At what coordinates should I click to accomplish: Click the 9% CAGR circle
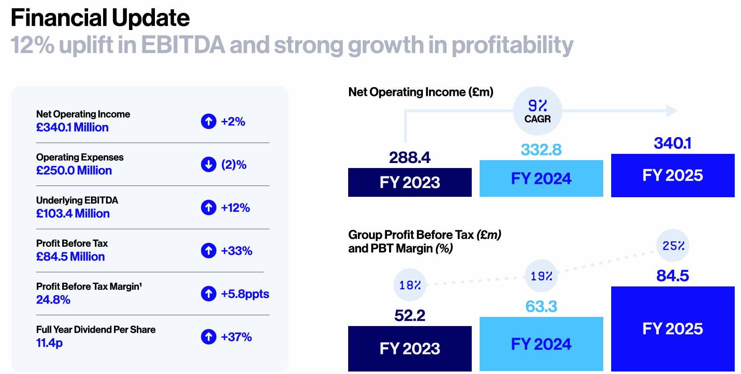(x=537, y=111)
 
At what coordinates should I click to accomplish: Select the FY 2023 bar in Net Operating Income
(x=410, y=182)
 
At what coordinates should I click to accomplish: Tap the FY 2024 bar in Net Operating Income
(x=541, y=178)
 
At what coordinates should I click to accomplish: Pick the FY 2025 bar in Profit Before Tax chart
(x=673, y=329)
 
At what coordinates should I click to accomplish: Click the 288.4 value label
(x=410, y=158)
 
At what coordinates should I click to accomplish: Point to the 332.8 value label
(x=541, y=150)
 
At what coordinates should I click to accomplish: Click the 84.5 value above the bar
(x=673, y=276)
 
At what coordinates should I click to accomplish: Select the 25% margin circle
(x=673, y=246)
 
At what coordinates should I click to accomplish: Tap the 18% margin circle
(x=410, y=285)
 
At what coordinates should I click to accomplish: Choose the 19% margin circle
(x=541, y=276)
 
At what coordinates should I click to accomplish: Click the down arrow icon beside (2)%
(x=208, y=164)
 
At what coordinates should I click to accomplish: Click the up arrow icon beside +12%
(x=208, y=207)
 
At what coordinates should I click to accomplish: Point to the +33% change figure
(x=236, y=251)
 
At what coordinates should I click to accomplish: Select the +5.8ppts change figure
(x=245, y=294)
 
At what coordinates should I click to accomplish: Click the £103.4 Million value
(x=73, y=213)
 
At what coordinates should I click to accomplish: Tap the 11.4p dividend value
(x=49, y=343)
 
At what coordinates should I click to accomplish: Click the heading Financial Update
(x=100, y=18)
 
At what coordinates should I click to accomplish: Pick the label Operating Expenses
(x=80, y=157)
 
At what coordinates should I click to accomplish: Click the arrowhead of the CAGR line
(x=671, y=111)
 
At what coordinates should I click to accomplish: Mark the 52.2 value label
(x=410, y=316)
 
